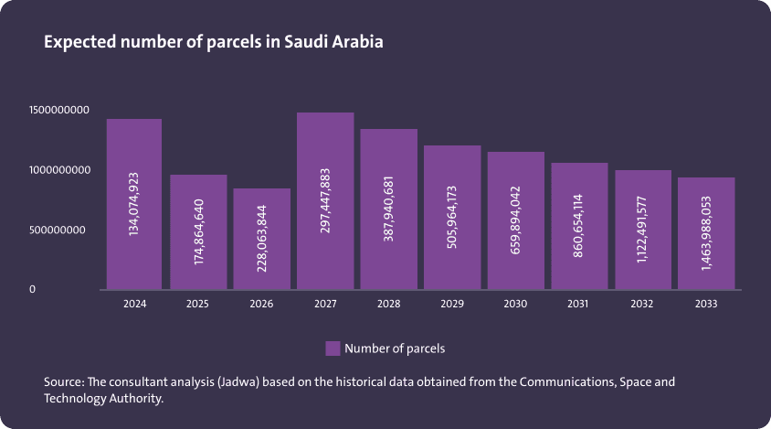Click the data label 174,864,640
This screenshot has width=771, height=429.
click(199, 231)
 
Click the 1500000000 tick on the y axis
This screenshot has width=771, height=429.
click(58, 110)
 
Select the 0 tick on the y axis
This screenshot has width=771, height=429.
click(32, 289)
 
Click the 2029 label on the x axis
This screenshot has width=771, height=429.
click(452, 304)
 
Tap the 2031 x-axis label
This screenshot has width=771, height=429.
click(579, 304)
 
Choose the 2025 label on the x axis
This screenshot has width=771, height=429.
click(198, 304)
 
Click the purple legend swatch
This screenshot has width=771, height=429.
click(333, 349)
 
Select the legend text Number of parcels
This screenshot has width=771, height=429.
click(395, 349)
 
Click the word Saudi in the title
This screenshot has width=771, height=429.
click(308, 43)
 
